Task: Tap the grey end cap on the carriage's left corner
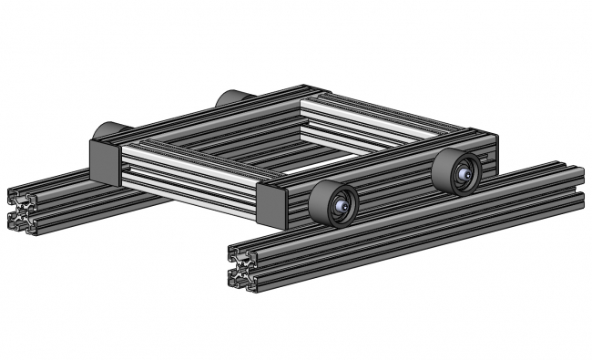coord(104,161)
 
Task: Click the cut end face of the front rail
coord(241,268)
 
